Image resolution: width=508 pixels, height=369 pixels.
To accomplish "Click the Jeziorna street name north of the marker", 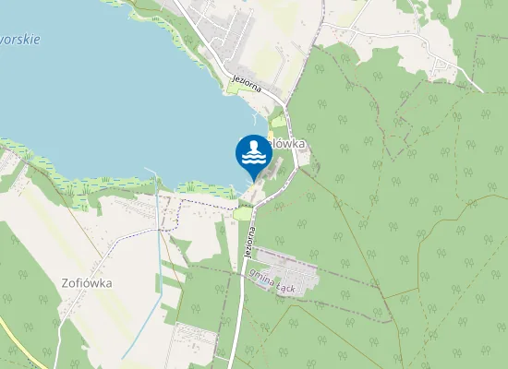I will (249, 77).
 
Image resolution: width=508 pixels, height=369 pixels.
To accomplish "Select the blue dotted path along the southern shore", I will (199, 200).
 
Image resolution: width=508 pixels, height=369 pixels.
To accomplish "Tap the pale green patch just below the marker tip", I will (244, 213).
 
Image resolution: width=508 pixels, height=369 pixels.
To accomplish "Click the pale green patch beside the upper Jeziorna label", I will (235, 89).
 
